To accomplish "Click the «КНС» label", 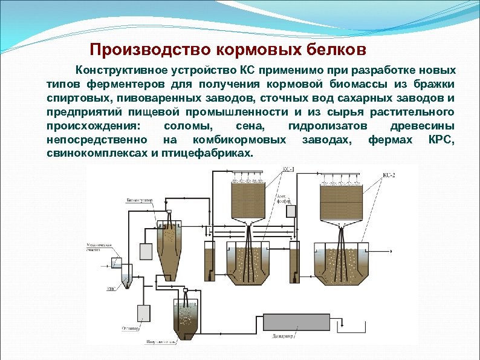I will click(x=111, y=289).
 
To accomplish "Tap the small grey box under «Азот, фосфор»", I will click(x=292, y=211).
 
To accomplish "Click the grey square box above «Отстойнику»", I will click(x=144, y=312).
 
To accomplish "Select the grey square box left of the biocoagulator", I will click(x=145, y=250).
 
